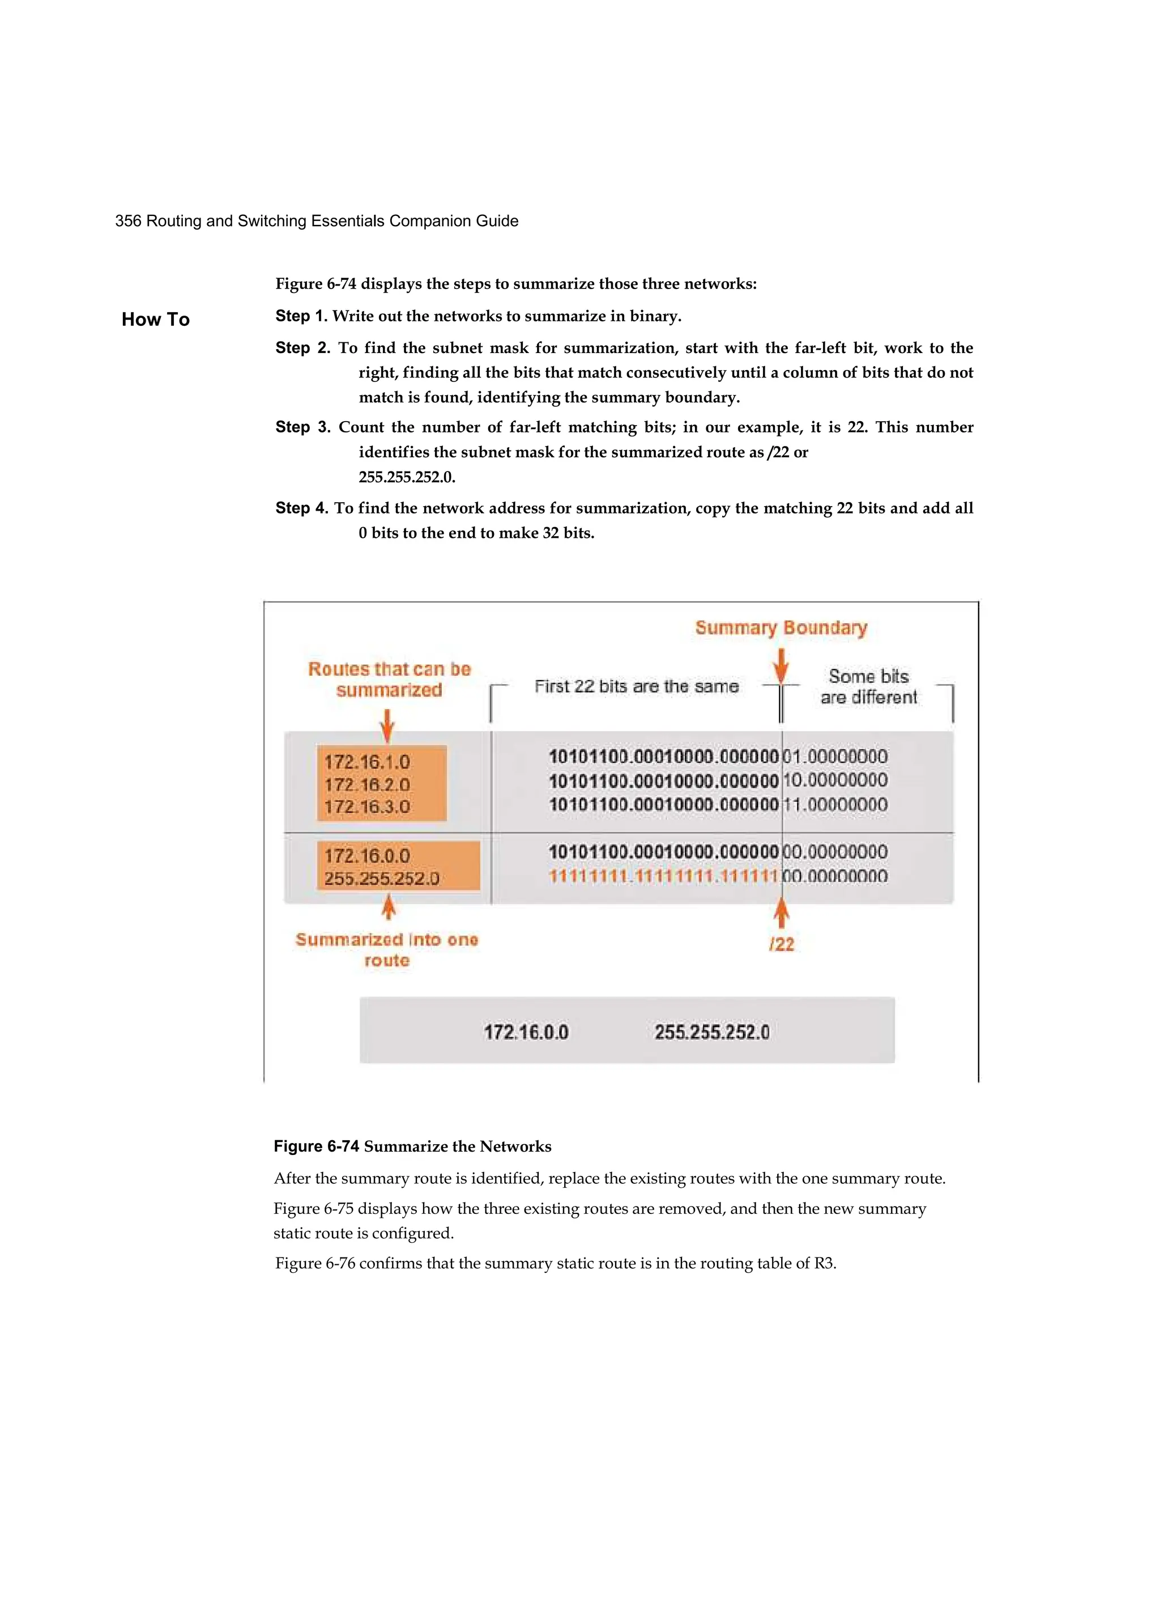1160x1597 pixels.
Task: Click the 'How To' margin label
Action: tap(156, 320)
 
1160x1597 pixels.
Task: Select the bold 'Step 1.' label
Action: tap(301, 316)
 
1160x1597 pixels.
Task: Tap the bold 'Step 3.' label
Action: tap(302, 427)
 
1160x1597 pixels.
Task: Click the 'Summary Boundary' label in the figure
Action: tap(781, 627)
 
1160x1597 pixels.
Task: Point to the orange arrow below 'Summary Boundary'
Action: tap(780, 665)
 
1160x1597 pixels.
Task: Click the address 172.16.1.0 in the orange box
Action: tap(366, 762)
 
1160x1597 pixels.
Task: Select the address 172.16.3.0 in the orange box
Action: tap(366, 806)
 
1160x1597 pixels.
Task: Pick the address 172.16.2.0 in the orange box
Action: tap(366, 784)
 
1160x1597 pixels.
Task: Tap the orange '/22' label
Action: tap(781, 944)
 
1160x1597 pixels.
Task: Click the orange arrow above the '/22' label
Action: tap(781, 914)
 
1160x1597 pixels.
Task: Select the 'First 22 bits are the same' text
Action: tap(636, 686)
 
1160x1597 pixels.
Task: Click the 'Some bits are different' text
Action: tap(869, 686)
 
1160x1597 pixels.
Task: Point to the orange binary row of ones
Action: tap(663, 877)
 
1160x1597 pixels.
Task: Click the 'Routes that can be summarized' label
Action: tap(389, 679)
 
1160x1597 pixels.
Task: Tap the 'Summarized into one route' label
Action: tap(386, 950)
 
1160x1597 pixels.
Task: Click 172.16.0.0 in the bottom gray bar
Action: tap(526, 1033)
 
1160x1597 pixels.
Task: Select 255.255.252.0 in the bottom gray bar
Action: tap(711, 1033)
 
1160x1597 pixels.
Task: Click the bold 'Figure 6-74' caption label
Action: tap(316, 1146)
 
